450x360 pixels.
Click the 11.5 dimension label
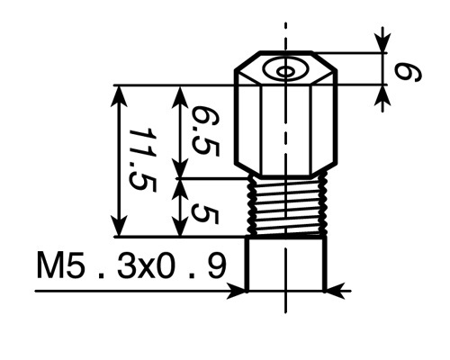pos(143,160)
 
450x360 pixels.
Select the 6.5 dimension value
pos(206,131)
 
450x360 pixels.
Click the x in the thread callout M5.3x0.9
pos(145,269)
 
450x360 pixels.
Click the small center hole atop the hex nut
pos(285,72)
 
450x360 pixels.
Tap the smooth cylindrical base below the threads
pos(286,264)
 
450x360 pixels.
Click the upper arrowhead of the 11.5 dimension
pos(119,96)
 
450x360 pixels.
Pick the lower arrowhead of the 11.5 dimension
pos(119,226)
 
